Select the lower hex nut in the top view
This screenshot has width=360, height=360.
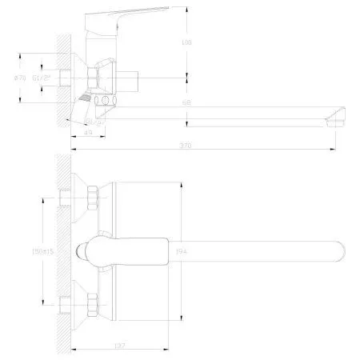[x=92, y=304]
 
